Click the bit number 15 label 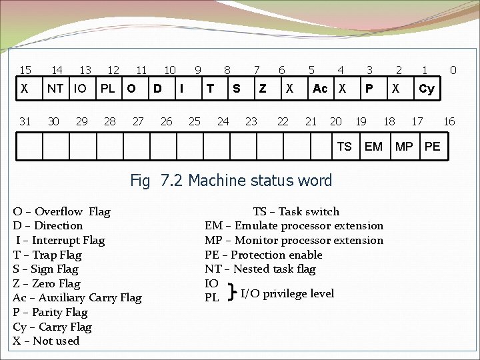click(25, 69)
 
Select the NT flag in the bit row click(55, 88)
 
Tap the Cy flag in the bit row click(427, 88)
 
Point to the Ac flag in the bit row click(320, 88)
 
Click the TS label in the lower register click(344, 146)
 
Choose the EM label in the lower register click(373, 146)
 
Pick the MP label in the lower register click(403, 146)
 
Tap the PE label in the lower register click(432, 146)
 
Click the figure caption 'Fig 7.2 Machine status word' click(231, 180)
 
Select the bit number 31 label click(25, 121)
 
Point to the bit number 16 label click(449, 121)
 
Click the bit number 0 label click(453, 69)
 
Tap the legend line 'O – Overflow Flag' click(61, 211)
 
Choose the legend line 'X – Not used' click(46, 341)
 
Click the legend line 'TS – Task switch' click(296, 211)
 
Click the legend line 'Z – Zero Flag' click(46, 283)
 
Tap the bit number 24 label click(223, 121)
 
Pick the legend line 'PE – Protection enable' click(263, 255)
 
